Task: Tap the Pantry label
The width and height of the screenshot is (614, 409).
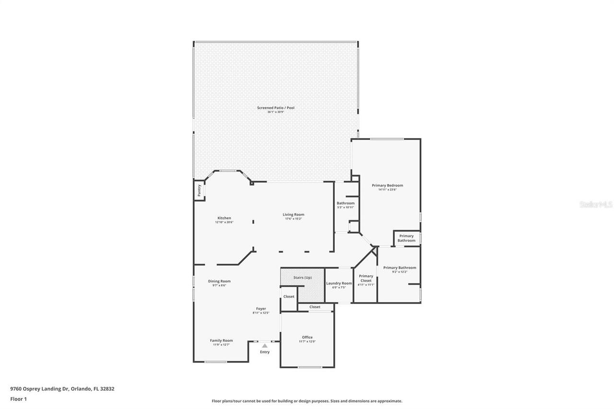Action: point(199,190)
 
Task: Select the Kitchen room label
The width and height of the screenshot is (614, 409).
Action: point(224,218)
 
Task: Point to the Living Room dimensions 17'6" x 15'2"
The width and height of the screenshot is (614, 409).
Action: point(293,219)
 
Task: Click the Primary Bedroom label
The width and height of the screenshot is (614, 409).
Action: point(387,185)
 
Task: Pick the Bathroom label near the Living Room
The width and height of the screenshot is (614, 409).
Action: point(345,203)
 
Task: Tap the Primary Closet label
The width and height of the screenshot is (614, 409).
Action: point(366,278)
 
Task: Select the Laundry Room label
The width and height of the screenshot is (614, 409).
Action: point(339,283)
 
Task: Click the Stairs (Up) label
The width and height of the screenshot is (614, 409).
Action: point(303,278)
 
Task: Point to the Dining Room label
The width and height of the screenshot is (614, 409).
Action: point(219,281)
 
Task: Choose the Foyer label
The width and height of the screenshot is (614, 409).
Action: point(261,309)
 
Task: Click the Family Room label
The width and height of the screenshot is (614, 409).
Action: point(221,340)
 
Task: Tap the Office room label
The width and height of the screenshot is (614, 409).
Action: point(307,337)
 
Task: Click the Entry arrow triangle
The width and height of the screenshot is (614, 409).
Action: point(265,345)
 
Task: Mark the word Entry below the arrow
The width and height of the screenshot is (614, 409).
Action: point(265,352)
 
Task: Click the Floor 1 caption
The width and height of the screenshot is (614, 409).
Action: point(18,398)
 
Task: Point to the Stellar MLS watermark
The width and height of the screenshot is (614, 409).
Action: point(596,204)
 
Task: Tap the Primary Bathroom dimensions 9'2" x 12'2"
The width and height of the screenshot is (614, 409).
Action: point(400,272)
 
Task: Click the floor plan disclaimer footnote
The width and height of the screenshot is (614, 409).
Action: point(307,401)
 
